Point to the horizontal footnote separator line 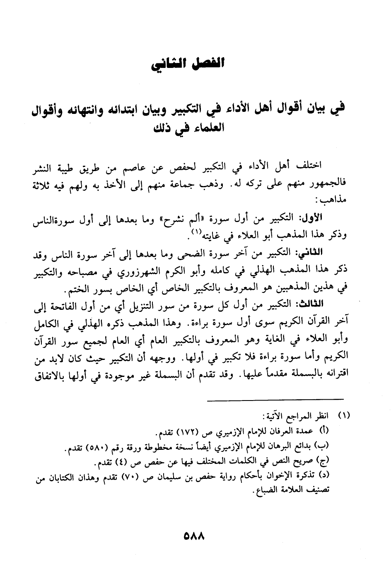coord(275,398)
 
